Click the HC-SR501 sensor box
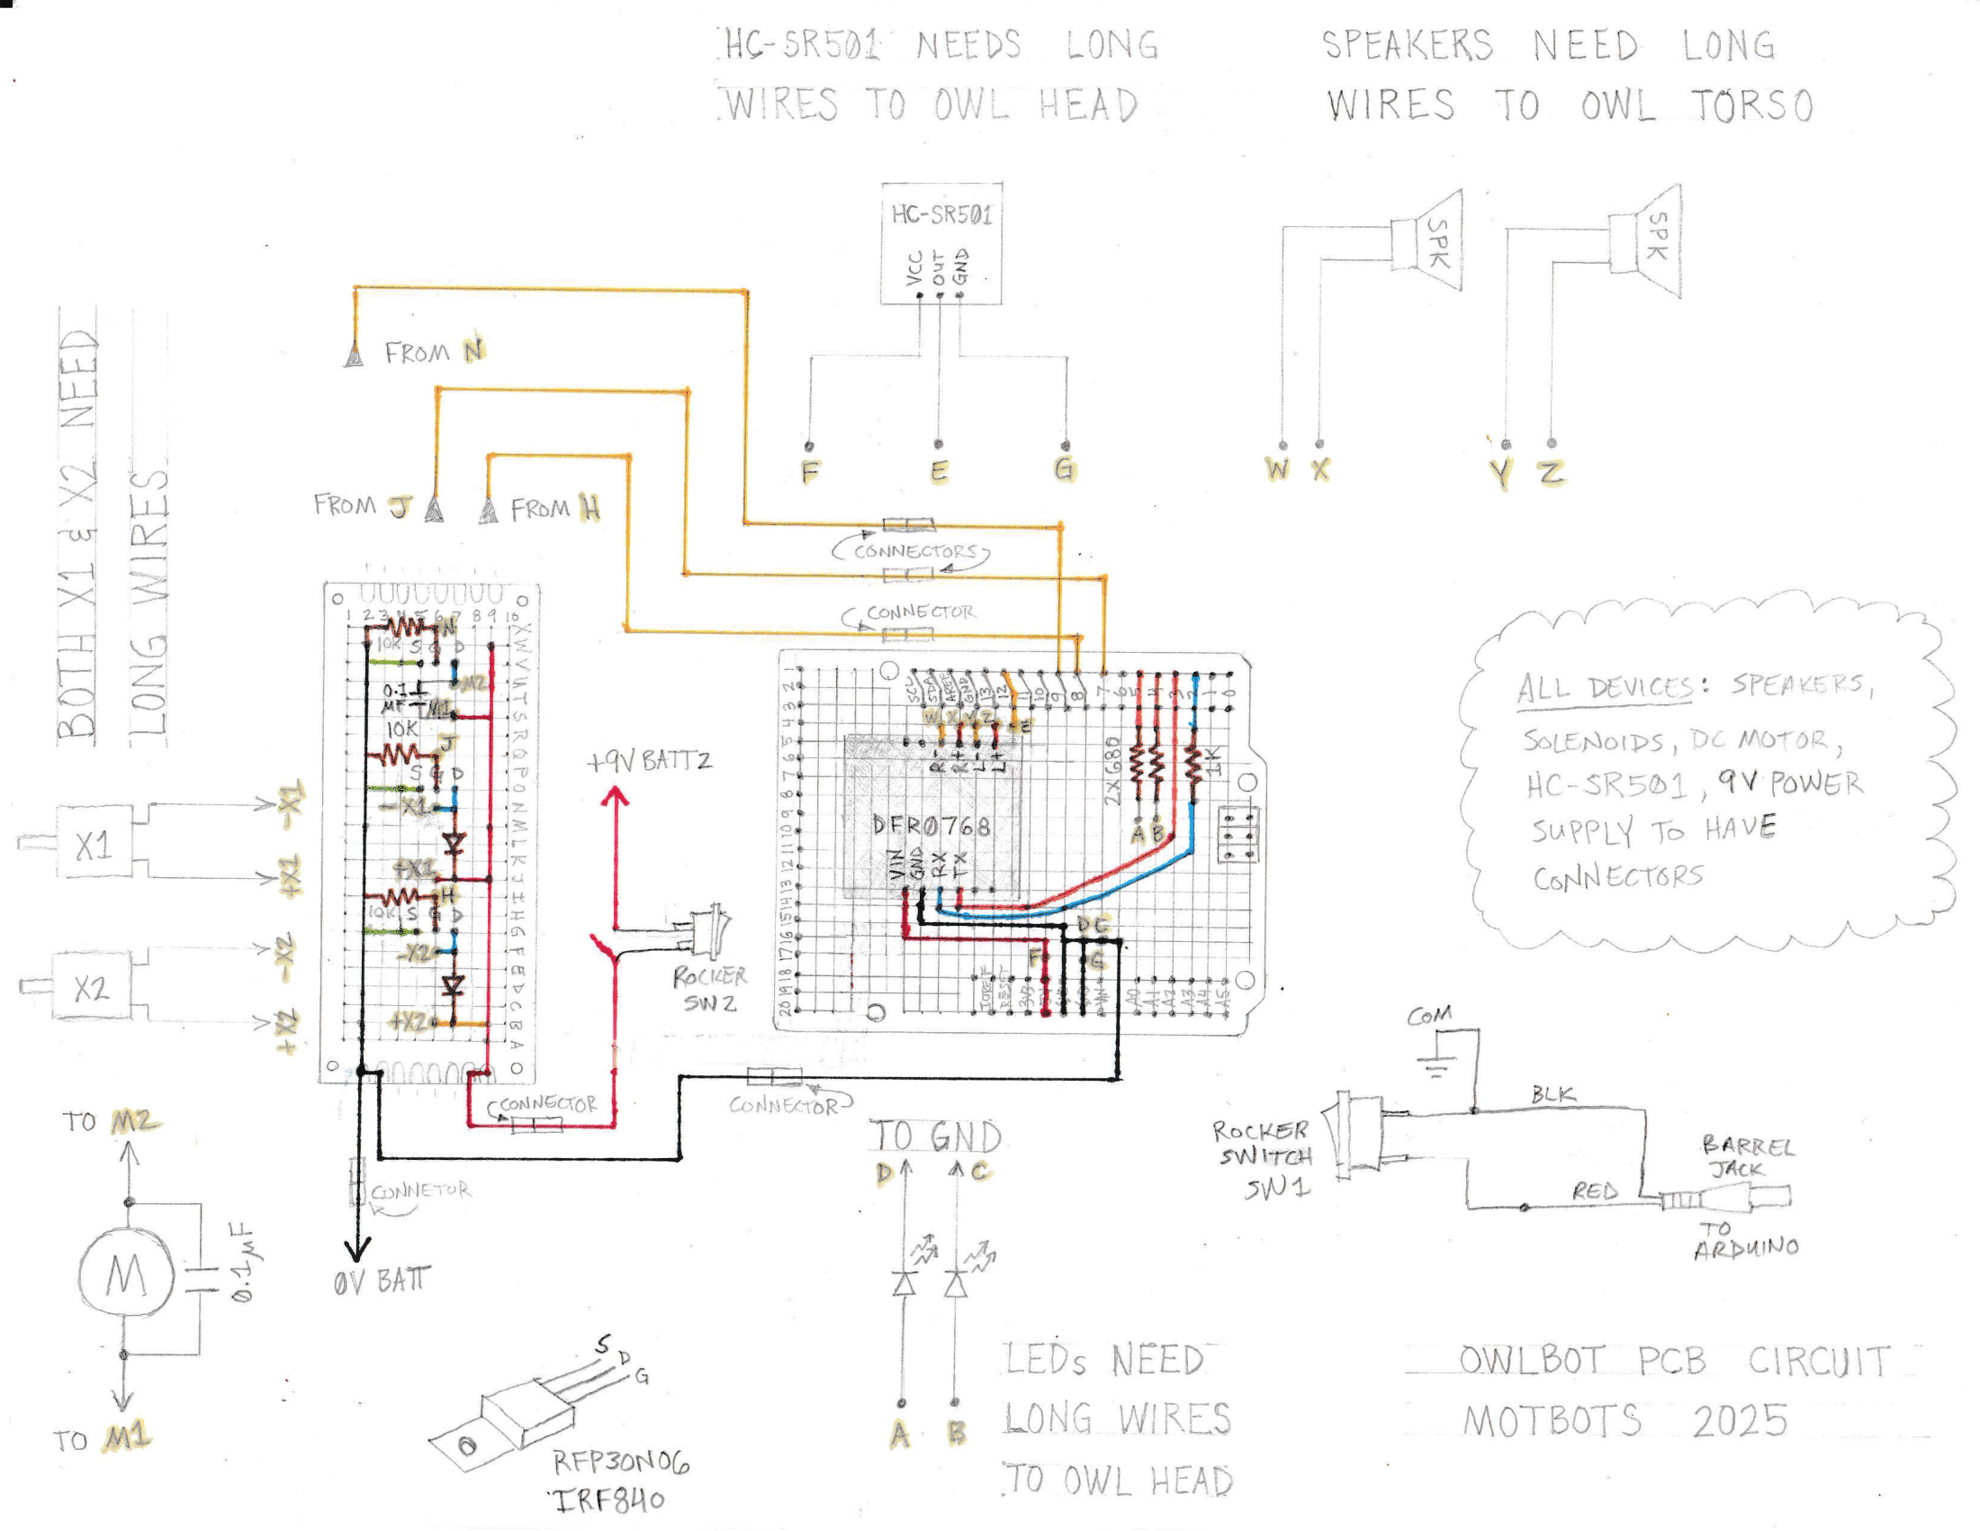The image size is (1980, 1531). click(x=941, y=243)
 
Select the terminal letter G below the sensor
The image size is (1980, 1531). click(x=1065, y=469)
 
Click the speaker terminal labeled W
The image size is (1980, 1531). click(x=1277, y=470)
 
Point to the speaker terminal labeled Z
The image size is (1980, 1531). click(x=1552, y=473)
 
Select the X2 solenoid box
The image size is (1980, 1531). click(x=92, y=987)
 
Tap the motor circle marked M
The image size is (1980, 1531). click(x=125, y=1275)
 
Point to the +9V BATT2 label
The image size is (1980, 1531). click(x=649, y=761)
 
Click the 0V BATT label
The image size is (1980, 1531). click(x=381, y=1281)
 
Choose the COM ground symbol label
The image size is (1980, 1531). click(x=1430, y=1016)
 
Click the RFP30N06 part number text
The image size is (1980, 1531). click(x=621, y=1462)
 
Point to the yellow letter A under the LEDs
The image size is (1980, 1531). click(x=899, y=1434)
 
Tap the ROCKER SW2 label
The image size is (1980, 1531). click(x=709, y=990)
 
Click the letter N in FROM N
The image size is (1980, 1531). click(x=473, y=351)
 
